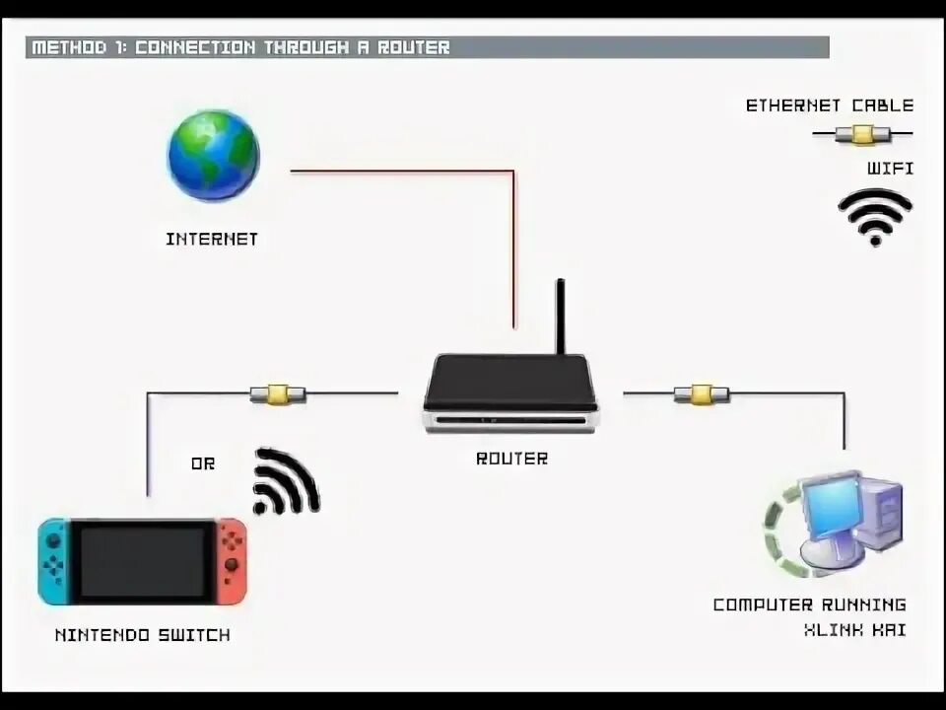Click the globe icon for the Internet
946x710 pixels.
coord(213,156)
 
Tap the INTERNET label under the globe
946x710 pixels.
coord(212,239)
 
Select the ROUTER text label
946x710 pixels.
coord(511,459)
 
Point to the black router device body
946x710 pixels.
coord(510,385)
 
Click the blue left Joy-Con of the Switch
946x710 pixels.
coord(53,562)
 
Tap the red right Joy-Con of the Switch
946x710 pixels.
coord(232,562)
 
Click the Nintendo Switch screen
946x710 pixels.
coord(143,561)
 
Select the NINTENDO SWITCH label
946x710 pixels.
coord(143,635)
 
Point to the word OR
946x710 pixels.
coord(202,463)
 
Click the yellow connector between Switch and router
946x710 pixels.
coord(277,394)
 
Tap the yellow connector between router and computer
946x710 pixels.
coord(701,394)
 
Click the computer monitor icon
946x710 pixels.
coord(833,508)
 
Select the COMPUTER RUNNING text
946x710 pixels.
coord(809,604)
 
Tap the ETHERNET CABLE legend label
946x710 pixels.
coord(829,106)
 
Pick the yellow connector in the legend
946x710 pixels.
coord(863,134)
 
